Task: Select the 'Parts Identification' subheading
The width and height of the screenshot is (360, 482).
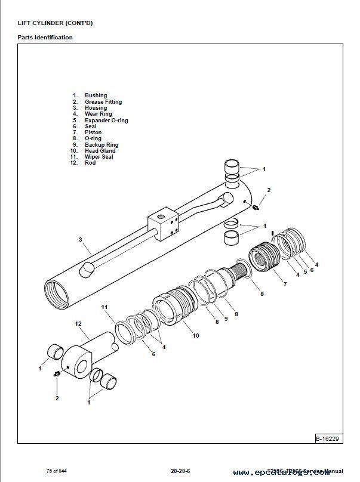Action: [x=45, y=38]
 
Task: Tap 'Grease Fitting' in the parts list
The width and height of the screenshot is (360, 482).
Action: [x=103, y=102]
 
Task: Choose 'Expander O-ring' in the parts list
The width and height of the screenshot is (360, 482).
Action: [x=106, y=120]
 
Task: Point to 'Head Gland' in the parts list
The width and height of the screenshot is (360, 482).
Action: [x=100, y=151]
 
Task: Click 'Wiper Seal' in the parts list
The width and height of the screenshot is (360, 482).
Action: [x=100, y=157]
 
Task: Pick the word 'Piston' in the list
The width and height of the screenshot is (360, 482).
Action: [x=93, y=132]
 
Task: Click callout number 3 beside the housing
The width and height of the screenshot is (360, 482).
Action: [x=79, y=240]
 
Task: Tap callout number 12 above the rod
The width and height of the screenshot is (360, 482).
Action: [x=78, y=323]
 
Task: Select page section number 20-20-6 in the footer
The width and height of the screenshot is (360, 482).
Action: [x=179, y=470]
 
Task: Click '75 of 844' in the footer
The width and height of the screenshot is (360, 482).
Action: [x=57, y=470]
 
